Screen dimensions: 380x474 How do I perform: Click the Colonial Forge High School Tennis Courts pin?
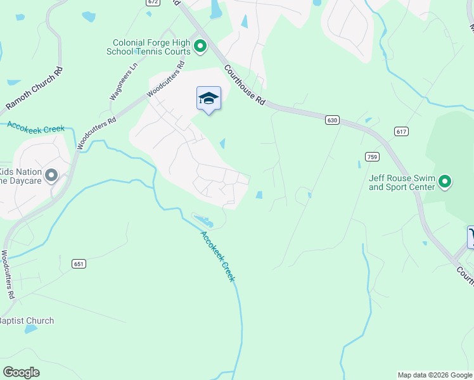200,46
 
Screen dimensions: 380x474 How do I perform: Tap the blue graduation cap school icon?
208,98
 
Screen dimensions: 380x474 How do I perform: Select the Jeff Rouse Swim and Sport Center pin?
445,182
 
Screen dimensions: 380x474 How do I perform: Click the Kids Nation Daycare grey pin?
52,175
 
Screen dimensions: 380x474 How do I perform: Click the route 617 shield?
400,131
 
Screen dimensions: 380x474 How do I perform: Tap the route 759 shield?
372,156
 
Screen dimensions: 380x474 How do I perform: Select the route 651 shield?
79,263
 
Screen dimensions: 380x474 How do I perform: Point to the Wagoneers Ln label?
124,81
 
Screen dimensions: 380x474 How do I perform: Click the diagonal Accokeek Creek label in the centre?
217,256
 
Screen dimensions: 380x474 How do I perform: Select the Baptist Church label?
27,320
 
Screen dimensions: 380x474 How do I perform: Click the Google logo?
21,372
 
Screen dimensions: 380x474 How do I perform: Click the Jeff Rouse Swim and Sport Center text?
402,182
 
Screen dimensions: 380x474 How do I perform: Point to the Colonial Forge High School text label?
151,47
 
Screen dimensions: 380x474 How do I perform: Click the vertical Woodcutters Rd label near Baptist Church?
7,274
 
